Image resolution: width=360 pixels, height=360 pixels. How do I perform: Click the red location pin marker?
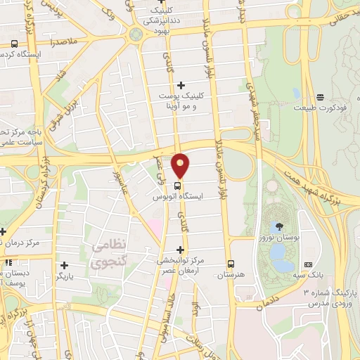(181, 165)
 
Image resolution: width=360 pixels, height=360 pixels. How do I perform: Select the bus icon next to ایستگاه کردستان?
(14, 44)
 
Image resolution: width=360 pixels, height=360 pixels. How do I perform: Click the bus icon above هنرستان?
(231, 264)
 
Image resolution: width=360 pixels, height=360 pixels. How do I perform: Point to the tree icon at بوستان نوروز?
(280, 226)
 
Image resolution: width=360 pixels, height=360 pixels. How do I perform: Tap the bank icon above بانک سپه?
(307, 264)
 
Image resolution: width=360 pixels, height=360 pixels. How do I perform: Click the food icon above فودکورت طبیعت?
(321, 96)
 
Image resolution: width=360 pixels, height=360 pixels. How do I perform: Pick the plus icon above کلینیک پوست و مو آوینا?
(181, 85)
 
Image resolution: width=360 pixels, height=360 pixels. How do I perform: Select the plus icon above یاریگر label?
(65, 265)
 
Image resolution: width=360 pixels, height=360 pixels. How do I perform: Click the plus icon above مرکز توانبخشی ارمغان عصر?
(181, 250)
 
